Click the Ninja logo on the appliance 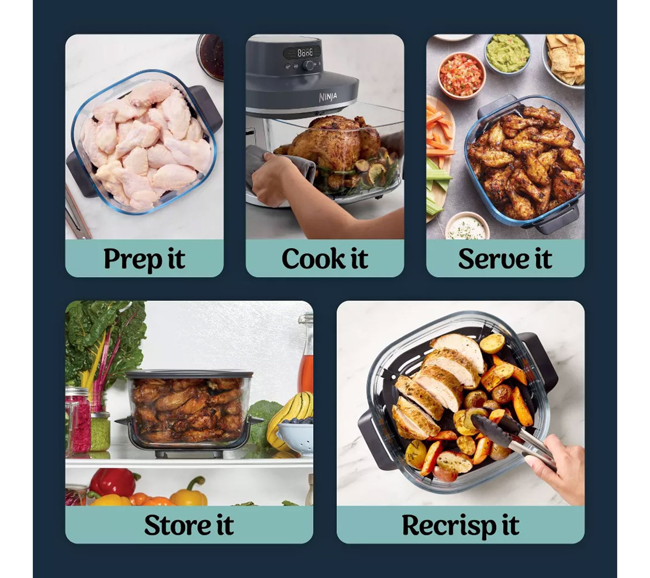[x=328, y=97]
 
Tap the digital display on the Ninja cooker [x=302, y=52]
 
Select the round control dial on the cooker [x=309, y=66]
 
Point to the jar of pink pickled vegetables [x=78, y=419]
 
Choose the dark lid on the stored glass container [x=189, y=375]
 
